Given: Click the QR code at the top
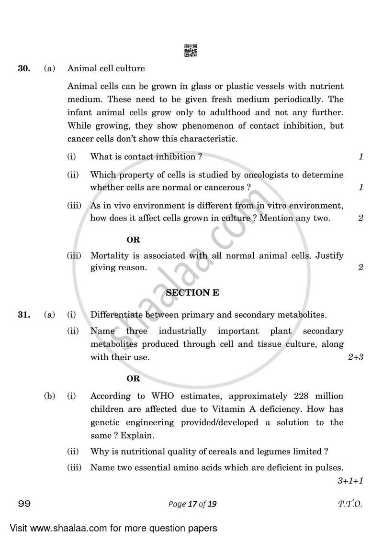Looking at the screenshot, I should click(191, 50).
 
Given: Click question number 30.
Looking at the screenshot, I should click(24, 68).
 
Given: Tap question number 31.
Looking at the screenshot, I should click(24, 315).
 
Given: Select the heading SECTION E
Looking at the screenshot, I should click(191, 293).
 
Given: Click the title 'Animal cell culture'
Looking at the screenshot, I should click(106, 68).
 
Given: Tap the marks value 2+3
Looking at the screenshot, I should click(355, 357).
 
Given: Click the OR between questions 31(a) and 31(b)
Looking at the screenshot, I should click(133, 378).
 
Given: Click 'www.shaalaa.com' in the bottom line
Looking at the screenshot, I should click(65, 529).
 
